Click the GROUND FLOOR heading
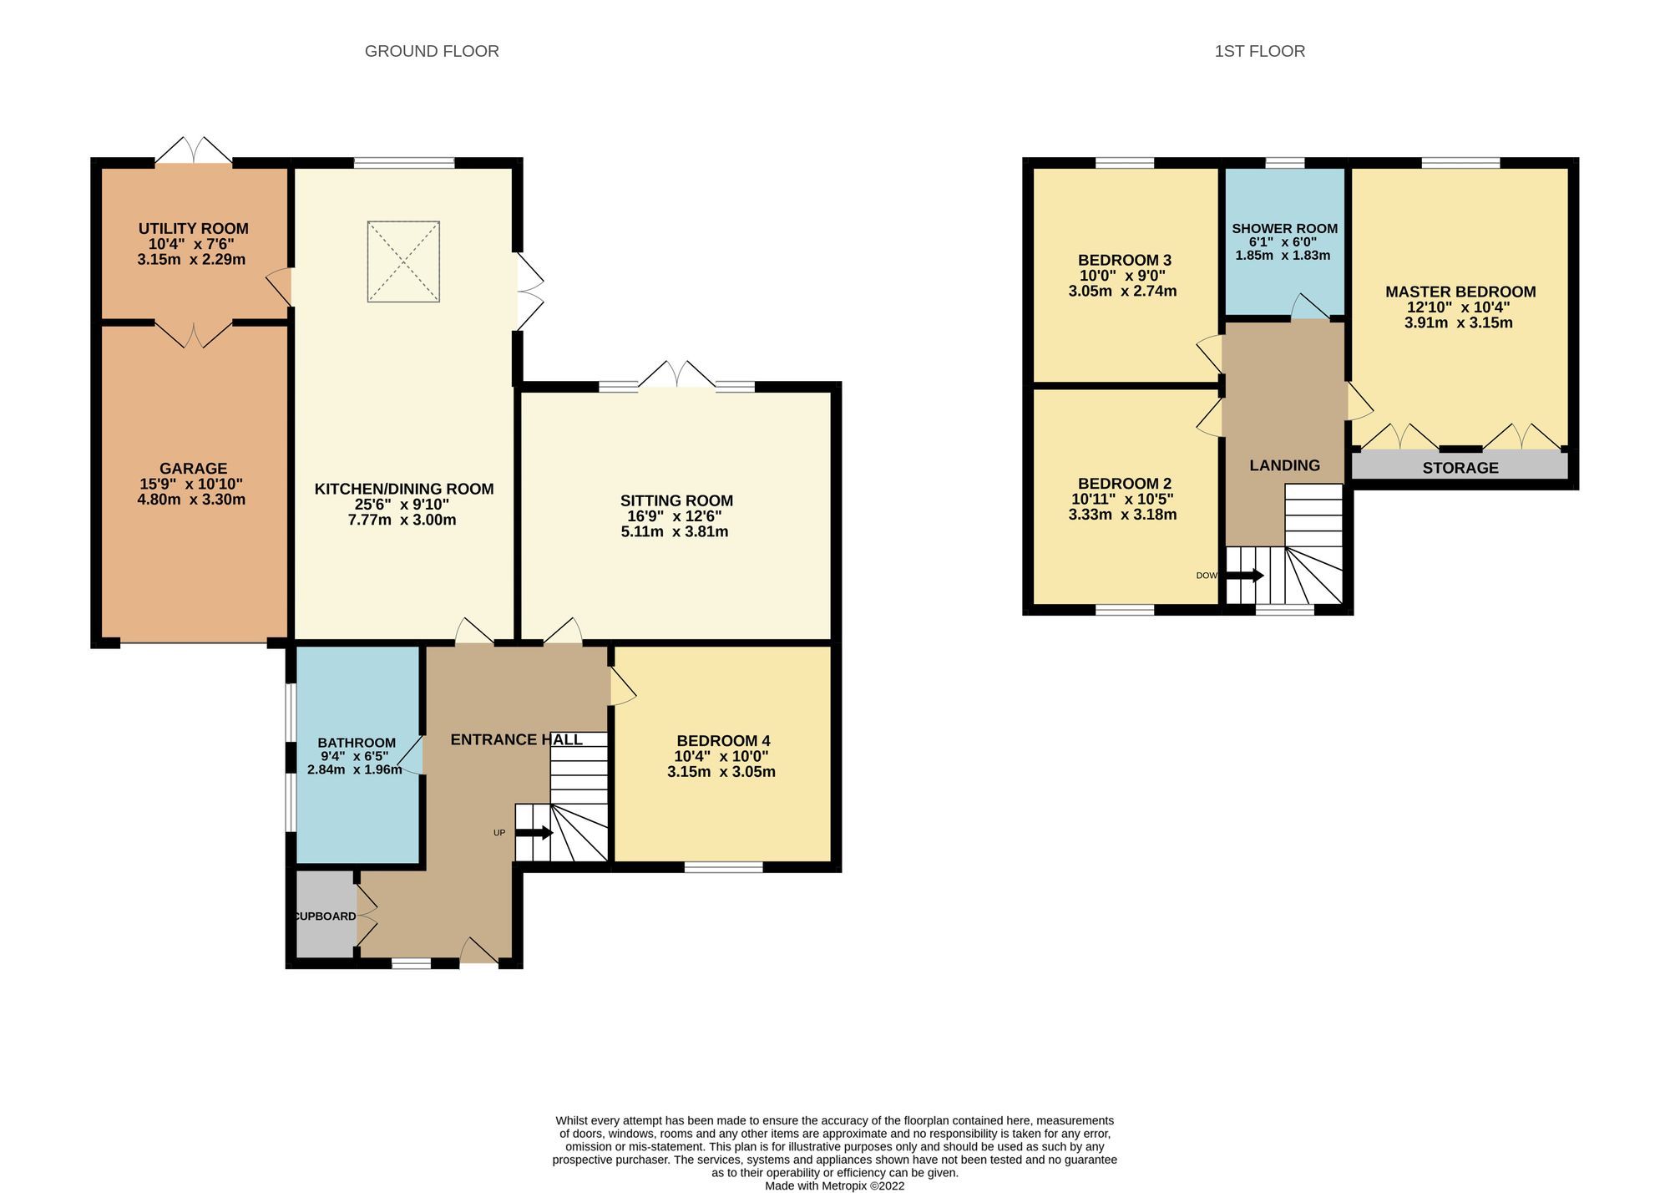point(432,51)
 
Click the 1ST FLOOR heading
point(1259,51)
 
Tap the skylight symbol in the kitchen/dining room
point(403,261)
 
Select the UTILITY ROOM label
point(193,228)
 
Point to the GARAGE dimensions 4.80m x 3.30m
point(191,500)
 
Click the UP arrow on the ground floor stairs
point(534,833)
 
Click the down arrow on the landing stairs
point(1245,576)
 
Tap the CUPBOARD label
point(325,916)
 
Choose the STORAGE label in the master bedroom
point(1460,468)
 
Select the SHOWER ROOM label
point(1284,228)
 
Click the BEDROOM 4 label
point(723,740)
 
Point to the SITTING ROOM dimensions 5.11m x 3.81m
point(675,531)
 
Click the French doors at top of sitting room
point(677,375)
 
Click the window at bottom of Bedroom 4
point(723,867)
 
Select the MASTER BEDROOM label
point(1460,292)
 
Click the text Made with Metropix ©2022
point(834,1185)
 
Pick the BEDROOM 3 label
point(1124,260)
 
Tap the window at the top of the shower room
point(1284,162)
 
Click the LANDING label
point(1284,465)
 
